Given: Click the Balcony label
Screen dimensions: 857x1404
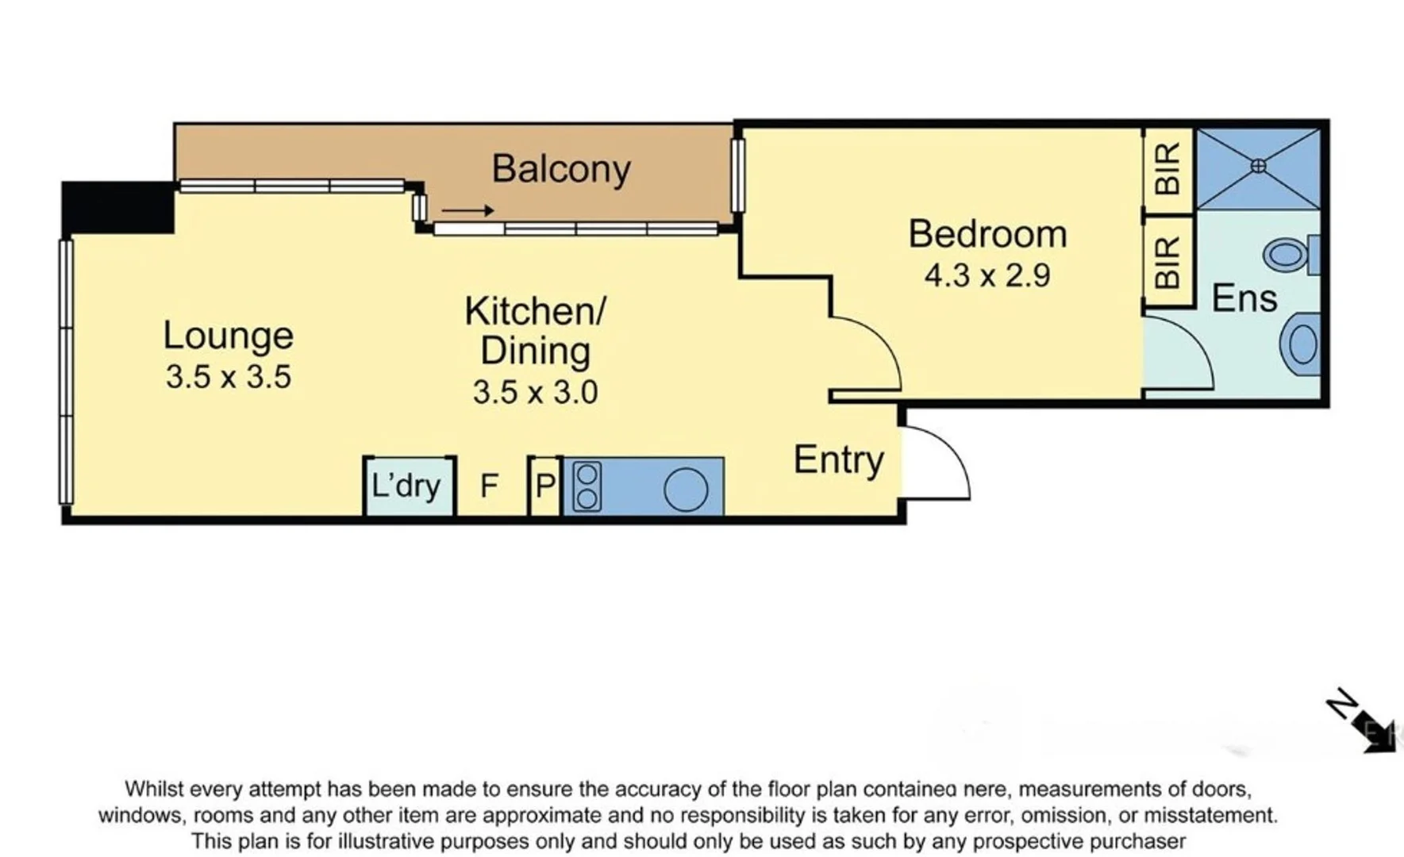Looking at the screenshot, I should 560,169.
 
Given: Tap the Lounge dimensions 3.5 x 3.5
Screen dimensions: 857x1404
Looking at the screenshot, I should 229,376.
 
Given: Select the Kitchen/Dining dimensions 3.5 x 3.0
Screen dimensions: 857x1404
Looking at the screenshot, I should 535,392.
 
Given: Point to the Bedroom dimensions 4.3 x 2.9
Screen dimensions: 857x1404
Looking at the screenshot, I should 987,275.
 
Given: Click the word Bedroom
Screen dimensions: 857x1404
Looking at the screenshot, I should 987,234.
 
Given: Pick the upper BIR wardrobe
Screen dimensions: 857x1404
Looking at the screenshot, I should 1168,169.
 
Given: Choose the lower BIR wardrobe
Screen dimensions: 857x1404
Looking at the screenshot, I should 1168,262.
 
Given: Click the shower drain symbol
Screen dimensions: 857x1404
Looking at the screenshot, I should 1258,166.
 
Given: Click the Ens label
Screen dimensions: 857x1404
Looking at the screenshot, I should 1244,298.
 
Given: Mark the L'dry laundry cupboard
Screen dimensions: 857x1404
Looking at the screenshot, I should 406,485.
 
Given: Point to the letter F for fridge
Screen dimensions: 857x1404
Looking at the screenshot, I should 490,485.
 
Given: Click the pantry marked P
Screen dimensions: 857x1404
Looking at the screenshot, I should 545,485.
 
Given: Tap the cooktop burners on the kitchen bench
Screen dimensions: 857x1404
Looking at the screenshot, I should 587,486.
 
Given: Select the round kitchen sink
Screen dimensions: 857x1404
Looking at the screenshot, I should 686,489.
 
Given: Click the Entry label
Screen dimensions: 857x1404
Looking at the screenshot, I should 838,459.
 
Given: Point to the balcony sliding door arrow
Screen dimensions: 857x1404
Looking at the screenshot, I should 467,211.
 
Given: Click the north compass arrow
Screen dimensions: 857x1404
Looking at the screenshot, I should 1363,721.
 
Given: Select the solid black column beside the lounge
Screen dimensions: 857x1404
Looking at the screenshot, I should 117,206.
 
